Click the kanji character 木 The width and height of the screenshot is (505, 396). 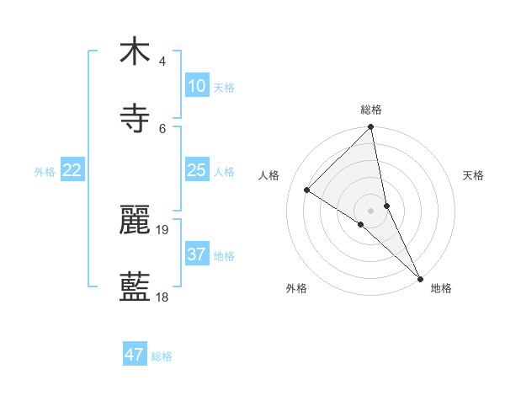pyautogui.click(x=135, y=51)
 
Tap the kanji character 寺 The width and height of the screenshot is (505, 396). pyautogui.click(x=135, y=119)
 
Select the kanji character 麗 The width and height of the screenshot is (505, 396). pyautogui.click(x=135, y=220)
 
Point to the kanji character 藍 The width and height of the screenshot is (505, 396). pyautogui.click(x=135, y=287)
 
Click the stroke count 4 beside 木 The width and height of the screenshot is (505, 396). pyautogui.click(x=162, y=61)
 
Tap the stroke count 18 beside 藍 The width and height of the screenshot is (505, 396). pyautogui.click(x=162, y=297)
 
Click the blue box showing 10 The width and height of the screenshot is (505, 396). pyautogui.click(x=196, y=86)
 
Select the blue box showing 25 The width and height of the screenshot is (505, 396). pyautogui.click(x=196, y=170)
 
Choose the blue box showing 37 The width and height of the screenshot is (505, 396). pyautogui.click(x=196, y=254)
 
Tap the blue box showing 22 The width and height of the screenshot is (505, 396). pyautogui.click(x=72, y=170)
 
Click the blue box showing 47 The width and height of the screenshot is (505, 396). pyautogui.click(x=135, y=355)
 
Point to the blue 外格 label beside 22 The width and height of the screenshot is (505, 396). pyautogui.click(x=45, y=172)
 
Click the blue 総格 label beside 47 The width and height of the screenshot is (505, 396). pyautogui.click(x=162, y=356)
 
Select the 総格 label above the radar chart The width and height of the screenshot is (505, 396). pyautogui.click(x=371, y=110)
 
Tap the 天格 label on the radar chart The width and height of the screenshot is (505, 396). pyautogui.click(x=474, y=175)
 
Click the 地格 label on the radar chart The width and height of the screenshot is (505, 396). pyautogui.click(x=441, y=288)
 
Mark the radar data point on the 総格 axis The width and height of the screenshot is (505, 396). pyautogui.click(x=371, y=128)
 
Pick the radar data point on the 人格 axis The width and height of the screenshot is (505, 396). pyautogui.click(x=307, y=190)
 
